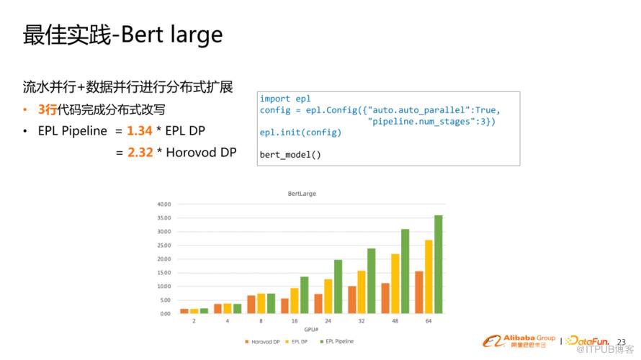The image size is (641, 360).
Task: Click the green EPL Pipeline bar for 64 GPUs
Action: (x=438, y=264)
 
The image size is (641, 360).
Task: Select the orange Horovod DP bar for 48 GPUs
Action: (x=385, y=298)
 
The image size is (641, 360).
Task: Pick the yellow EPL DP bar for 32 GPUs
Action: (x=362, y=292)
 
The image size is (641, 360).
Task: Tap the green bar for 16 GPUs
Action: (x=305, y=295)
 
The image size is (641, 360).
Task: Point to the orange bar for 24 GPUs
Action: (x=318, y=304)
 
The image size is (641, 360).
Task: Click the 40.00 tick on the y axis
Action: (x=164, y=204)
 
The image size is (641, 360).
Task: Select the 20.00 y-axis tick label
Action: (x=164, y=259)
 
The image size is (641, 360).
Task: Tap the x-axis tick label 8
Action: (x=261, y=321)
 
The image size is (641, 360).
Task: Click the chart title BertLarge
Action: (x=302, y=194)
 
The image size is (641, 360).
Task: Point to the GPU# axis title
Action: (x=311, y=329)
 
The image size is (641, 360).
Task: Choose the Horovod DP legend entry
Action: (x=262, y=341)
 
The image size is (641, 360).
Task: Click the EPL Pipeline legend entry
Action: (x=337, y=341)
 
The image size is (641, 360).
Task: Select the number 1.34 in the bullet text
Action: (x=140, y=131)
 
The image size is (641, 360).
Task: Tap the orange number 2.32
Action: (x=140, y=153)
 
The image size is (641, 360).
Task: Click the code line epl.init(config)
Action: (x=300, y=132)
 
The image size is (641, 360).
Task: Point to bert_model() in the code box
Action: (x=290, y=155)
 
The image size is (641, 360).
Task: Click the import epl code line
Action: (x=285, y=99)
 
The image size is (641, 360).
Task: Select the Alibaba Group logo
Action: (x=519, y=341)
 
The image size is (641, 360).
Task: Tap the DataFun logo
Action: (x=588, y=341)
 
